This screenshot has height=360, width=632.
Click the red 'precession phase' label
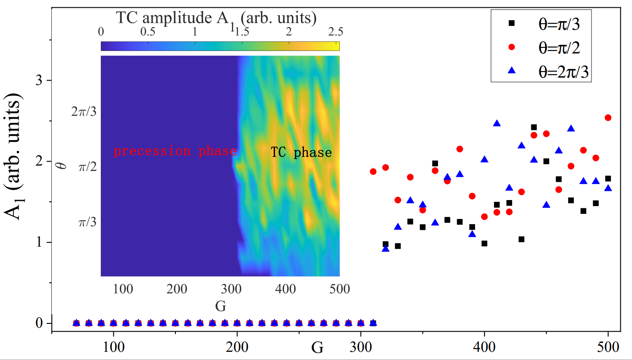pos(175,151)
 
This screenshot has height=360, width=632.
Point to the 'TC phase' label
pos(301,152)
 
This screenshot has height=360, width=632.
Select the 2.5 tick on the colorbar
pos(335,32)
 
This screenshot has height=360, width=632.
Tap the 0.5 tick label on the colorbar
pos(147,32)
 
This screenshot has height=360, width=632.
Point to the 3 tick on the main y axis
pos(39,81)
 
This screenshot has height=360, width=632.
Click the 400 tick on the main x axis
pos(485,347)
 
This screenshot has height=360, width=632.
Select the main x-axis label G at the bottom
pos(317,347)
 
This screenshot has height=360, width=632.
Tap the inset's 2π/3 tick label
pos(84,112)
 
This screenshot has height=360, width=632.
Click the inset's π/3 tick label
pos(87,222)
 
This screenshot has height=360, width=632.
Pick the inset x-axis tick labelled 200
pos(177,289)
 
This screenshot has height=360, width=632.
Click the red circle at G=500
pos(608,118)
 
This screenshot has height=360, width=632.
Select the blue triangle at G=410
pos(497,124)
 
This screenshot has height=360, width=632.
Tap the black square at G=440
pos(534,127)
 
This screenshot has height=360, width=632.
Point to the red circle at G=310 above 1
pos(373,172)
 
